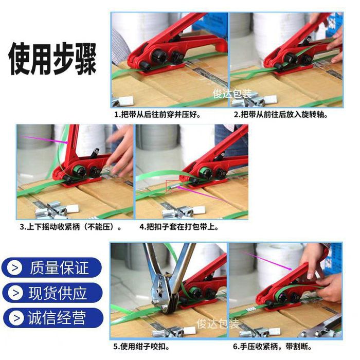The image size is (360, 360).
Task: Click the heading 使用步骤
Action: point(52,59)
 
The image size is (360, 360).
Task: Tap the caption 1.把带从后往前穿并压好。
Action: point(158,115)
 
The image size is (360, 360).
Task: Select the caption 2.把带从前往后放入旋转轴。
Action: point(281,115)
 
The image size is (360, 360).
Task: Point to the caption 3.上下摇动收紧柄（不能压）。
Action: point(71,227)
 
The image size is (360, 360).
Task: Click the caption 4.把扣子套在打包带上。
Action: point(179,227)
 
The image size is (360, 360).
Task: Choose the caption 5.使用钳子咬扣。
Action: point(141,347)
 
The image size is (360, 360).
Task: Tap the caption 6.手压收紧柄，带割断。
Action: point(273,347)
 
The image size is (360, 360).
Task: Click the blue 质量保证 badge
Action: point(51,267)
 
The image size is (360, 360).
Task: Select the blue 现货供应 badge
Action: point(52,293)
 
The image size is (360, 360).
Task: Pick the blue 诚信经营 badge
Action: point(53,318)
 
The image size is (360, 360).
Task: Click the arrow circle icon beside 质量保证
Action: point(15,268)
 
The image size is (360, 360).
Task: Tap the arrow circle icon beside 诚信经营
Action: point(16,318)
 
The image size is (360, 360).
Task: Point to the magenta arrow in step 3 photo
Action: point(45,140)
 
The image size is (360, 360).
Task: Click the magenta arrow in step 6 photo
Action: point(266,260)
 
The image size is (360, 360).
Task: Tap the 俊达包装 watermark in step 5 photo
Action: point(218,323)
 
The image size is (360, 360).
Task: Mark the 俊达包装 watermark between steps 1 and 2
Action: point(232,94)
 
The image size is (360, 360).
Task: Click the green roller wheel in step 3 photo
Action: point(78,171)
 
